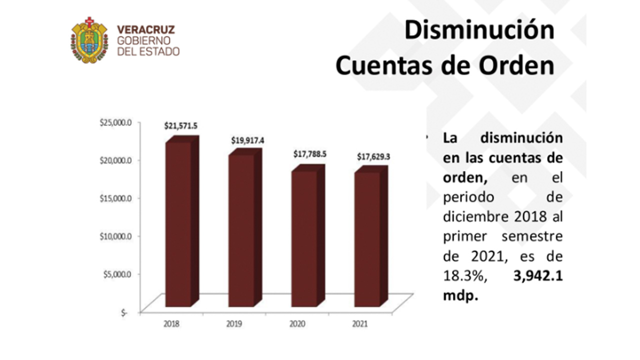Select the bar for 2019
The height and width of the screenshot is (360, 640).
[x=241, y=230]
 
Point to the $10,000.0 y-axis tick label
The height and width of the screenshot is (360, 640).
[x=115, y=236]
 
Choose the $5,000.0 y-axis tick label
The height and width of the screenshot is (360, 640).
[x=117, y=274]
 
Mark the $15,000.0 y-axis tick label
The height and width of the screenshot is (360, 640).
[x=115, y=198]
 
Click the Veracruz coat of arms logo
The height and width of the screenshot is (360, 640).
[x=89, y=40]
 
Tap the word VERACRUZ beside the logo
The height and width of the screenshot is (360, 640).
[x=145, y=29]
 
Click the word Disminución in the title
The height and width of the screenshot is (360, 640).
[x=479, y=31]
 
